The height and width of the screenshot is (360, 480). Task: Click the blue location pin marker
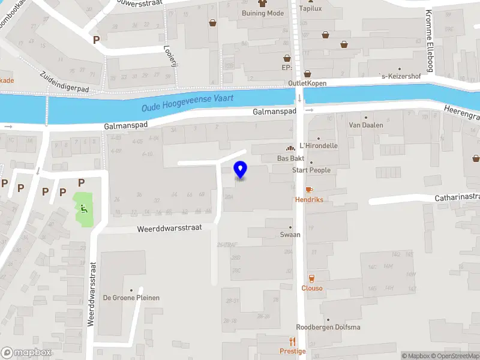point(240,170)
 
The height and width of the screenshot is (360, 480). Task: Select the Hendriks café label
point(309,199)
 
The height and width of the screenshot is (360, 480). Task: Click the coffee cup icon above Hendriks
point(309,189)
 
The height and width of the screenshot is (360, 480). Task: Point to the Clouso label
point(311,288)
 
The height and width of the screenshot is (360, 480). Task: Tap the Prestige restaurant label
point(292,351)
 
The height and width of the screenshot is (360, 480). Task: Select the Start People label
point(311,170)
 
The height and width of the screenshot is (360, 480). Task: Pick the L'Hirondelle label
point(318,145)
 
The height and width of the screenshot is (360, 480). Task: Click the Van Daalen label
point(365,125)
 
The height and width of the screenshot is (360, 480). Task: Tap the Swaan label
point(290,235)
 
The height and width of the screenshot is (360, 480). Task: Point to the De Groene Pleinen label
point(131,298)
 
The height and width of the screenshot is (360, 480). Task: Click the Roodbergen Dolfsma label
point(328,327)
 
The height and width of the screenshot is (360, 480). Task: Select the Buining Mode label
point(262,13)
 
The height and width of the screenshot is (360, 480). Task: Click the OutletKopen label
point(307,83)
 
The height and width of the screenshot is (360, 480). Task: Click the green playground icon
point(84,209)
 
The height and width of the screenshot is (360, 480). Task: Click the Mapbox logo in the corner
point(26,353)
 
